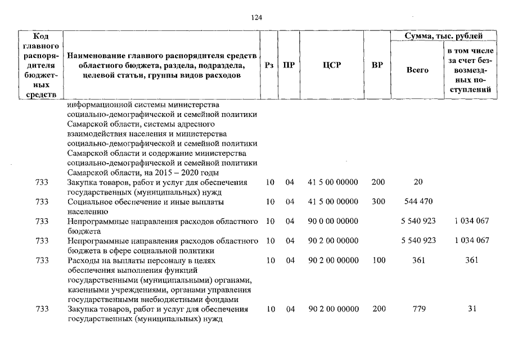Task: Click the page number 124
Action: pos(256,17)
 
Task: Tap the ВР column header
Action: pos(377,65)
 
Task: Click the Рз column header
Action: pos(269,65)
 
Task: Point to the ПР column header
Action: pos(289,65)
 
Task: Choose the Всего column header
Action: pos(417,70)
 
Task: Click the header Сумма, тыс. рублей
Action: pos(444,36)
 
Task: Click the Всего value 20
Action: pos(418,182)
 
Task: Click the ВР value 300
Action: pos(378,201)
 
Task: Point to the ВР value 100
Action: pos(378,260)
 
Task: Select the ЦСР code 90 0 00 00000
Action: pos(334,221)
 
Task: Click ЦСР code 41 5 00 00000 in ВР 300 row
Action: pos(334,201)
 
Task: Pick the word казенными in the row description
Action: pos(85,290)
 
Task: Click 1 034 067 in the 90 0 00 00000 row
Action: pos(472,221)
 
